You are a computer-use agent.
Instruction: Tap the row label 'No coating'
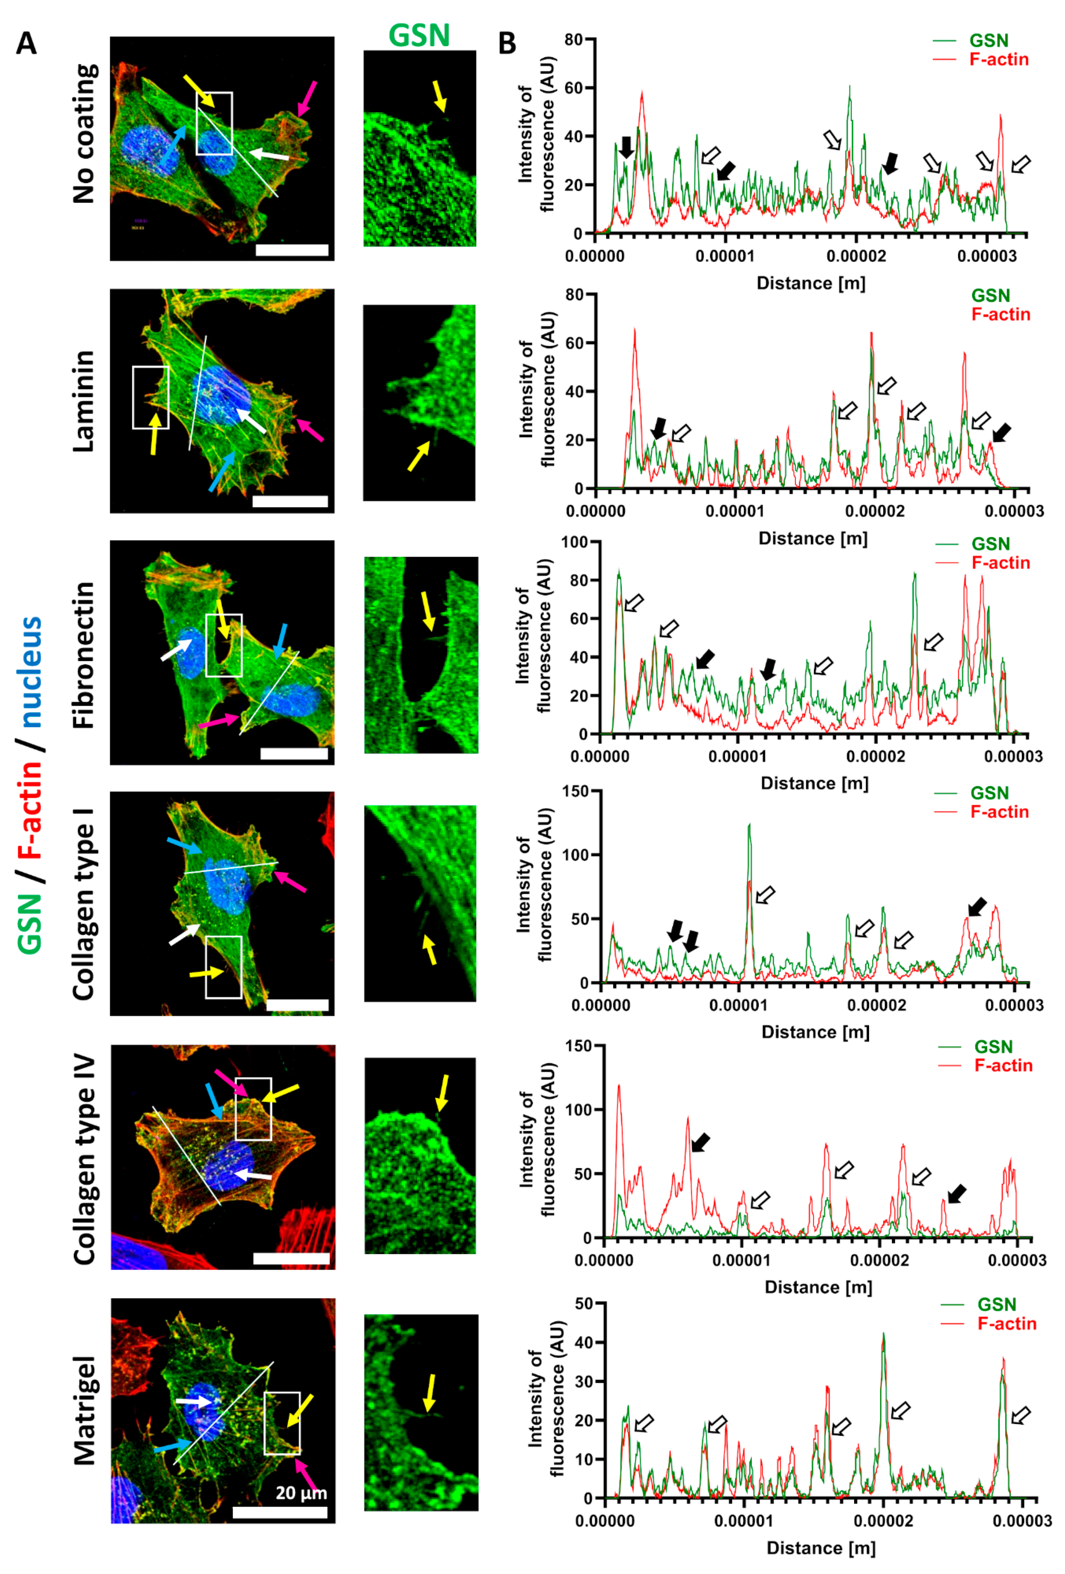[x=85, y=134]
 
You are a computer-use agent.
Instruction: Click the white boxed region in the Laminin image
[x=150, y=398]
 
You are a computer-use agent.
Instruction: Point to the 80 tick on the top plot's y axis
[x=573, y=40]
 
